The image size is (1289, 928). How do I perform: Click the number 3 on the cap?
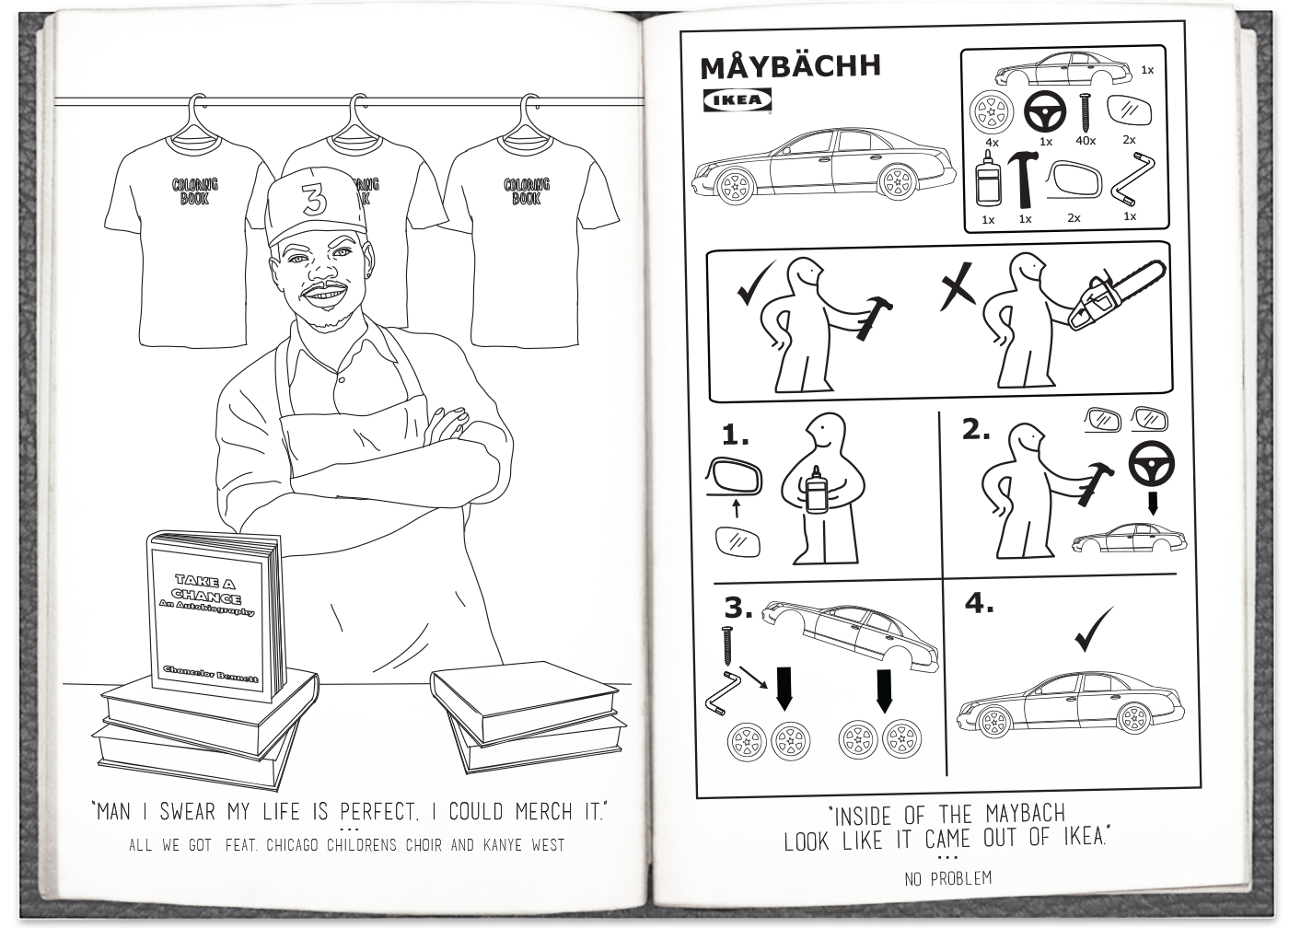click(x=314, y=199)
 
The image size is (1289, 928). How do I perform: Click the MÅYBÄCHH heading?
click(x=790, y=66)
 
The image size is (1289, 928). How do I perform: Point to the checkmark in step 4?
click(x=1094, y=630)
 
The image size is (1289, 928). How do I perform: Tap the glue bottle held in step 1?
click(x=817, y=489)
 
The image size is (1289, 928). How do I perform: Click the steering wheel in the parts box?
click(x=1044, y=111)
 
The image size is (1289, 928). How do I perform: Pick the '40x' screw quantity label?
click(x=1086, y=141)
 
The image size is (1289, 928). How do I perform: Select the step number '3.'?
click(x=738, y=608)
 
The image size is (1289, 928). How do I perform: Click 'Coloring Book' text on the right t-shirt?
click(x=527, y=191)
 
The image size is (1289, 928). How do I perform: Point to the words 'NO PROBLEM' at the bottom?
click(x=947, y=878)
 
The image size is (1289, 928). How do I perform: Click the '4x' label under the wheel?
click(x=993, y=142)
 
